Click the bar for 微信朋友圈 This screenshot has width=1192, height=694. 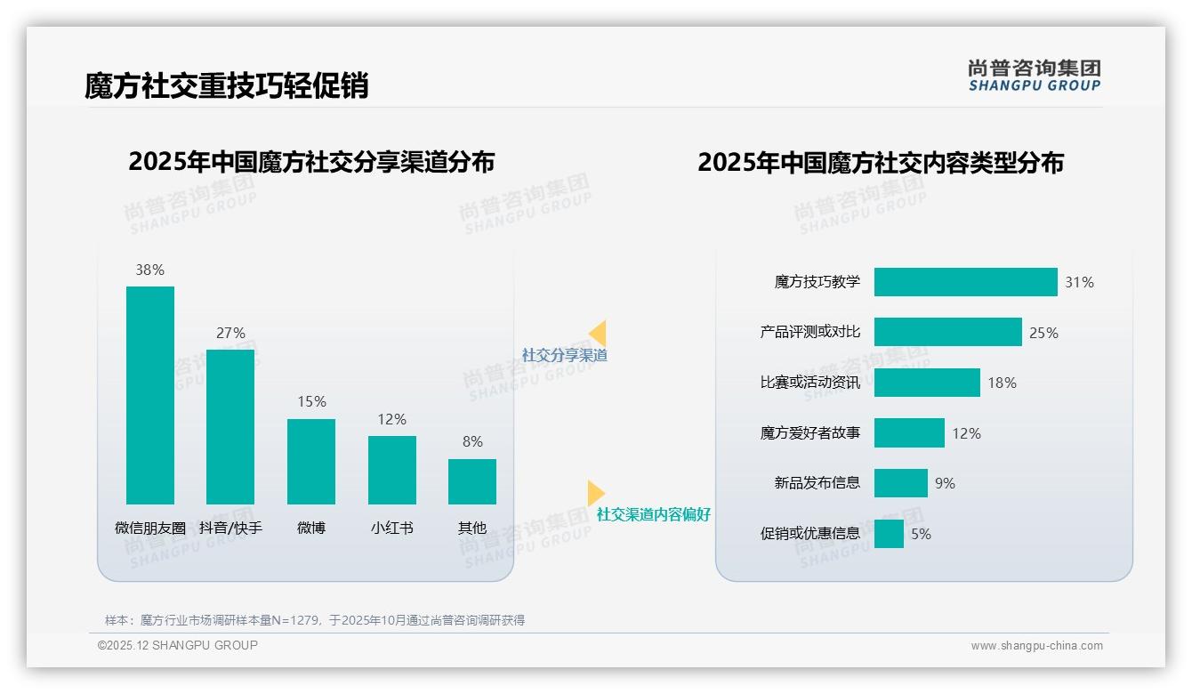pyautogui.click(x=150, y=395)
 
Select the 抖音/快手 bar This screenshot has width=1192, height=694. pyautogui.click(x=230, y=427)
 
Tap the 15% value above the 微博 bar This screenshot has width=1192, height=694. pyautogui.click(x=311, y=402)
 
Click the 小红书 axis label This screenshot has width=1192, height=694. pyautogui.click(x=391, y=528)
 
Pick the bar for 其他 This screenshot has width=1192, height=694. pyautogui.click(x=472, y=481)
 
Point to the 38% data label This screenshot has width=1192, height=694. pyautogui.click(x=149, y=270)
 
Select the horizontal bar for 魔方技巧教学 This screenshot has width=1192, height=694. pyautogui.click(x=965, y=282)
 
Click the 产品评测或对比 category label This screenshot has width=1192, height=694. pyautogui.click(x=809, y=332)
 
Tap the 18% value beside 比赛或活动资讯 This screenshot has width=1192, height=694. pyautogui.click(x=1002, y=383)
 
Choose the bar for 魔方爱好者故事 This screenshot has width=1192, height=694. pyautogui.click(x=909, y=433)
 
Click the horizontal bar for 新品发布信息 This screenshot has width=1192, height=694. pyautogui.click(x=900, y=483)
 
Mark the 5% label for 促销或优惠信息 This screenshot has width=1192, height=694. pyautogui.click(x=921, y=534)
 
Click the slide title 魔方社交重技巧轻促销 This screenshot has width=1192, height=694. pyautogui.click(x=226, y=85)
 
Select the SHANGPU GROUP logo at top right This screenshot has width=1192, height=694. pyautogui.click(x=1035, y=76)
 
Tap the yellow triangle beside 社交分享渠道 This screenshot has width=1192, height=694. pyautogui.click(x=598, y=334)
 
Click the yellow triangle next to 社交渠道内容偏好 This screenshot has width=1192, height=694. pyautogui.click(x=595, y=493)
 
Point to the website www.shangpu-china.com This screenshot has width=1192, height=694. pyautogui.click(x=1036, y=646)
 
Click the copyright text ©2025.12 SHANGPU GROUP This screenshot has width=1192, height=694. pyautogui.click(x=178, y=645)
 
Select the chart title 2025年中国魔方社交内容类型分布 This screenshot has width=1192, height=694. pyautogui.click(x=880, y=163)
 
